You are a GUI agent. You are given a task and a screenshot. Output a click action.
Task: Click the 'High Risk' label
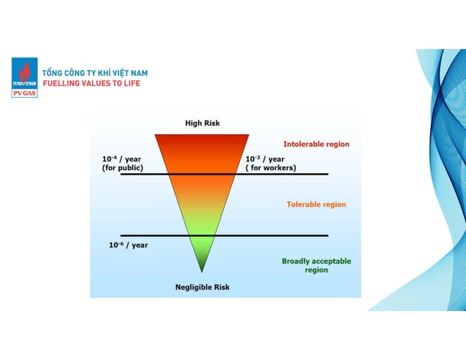[x=202, y=123]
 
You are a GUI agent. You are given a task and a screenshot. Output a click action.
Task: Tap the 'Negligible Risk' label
[x=202, y=287]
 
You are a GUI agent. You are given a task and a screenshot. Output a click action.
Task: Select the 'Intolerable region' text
[x=316, y=144]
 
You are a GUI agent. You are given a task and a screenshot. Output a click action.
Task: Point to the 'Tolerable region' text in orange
[x=316, y=204]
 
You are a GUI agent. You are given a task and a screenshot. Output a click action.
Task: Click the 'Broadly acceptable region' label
[x=316, y=265]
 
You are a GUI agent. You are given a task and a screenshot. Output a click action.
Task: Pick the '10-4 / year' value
[x=121, y=158]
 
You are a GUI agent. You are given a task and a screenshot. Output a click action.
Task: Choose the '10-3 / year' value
[x=264, y=158]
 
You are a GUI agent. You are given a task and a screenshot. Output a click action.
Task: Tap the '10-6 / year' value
[x=129, y=245]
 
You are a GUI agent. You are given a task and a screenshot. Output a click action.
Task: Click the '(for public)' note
[x=122, y=168]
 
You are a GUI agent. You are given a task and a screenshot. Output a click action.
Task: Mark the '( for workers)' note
[x=270, y=168]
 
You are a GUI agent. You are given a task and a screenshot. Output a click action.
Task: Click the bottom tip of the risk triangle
[x=202, y=271]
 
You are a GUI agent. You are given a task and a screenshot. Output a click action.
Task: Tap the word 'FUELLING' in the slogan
[x=63, y=84]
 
